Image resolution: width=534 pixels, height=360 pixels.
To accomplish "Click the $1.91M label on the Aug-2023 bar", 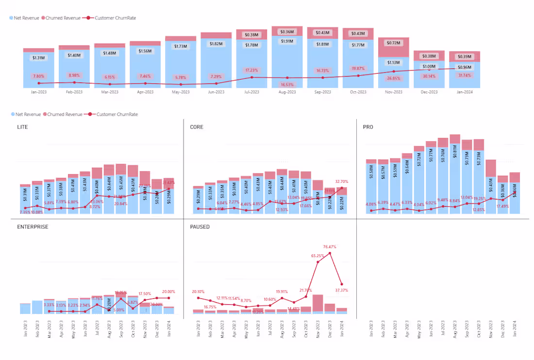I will click(x=287, y=41).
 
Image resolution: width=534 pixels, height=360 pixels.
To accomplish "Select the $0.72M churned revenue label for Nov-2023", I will click(x=394, y=43).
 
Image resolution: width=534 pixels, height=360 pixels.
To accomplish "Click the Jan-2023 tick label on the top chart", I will click(x=38, y=92).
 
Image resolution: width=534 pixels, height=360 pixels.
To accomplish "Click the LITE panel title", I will click(x=22, y=127).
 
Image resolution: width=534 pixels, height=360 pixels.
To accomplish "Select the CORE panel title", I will click(x=197, y=127).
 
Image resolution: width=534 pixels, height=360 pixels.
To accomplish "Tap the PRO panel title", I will click(x=368, y=127).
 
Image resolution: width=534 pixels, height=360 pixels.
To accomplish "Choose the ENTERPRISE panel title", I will click(x=32, y=227).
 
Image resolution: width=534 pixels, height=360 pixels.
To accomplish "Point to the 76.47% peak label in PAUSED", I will click(x=330, y=247).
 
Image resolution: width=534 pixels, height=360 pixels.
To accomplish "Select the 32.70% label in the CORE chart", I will click(x=341, y=181).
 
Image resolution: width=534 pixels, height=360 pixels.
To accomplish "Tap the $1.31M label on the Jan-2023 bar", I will click(x=38, y=58).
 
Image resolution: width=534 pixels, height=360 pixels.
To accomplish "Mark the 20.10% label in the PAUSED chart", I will click(x=199, y=292).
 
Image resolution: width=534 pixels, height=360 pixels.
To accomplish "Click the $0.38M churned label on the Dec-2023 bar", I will click(x=429, y=56).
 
